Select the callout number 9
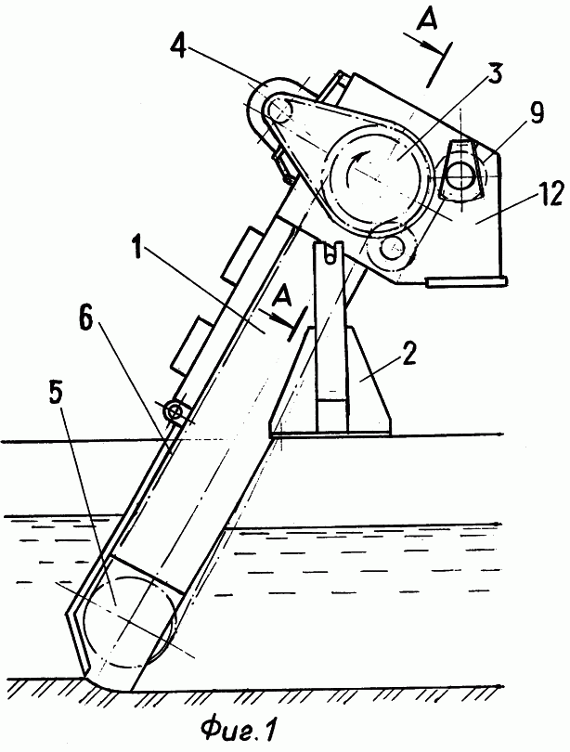[x=537, y=113]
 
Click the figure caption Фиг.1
[x=240, y=730]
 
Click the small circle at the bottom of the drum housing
[x=392, y=248]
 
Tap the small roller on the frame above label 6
[x=175, y=412]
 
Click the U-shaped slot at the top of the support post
[x=330, y=253]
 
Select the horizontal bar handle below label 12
[x=465, y=282]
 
